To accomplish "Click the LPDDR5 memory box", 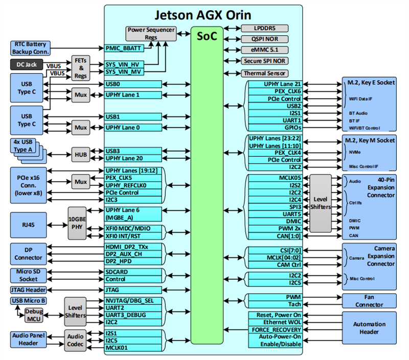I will (x=264, y=29).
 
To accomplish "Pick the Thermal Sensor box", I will (x=264, y=73).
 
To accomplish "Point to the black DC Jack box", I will (x=28, y=65).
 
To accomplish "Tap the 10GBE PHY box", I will (x=77, y=224).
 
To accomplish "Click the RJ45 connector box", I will (x=28, y=224).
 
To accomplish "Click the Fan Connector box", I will (x=369, y=301).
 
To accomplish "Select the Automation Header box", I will (x=369, y=328).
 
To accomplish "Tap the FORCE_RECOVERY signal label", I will (x=275, y=330).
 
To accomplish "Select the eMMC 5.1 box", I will (x=264, y=50).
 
